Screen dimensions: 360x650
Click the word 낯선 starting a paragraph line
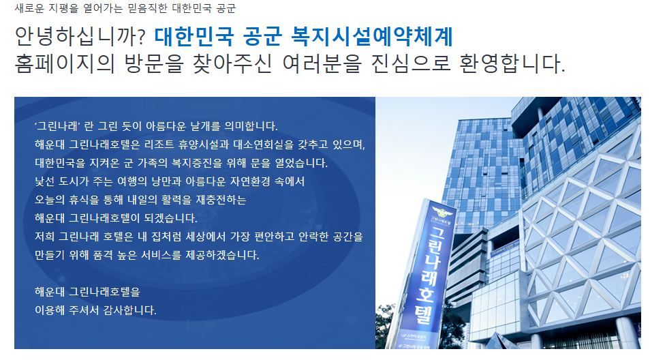tap(44, 182)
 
